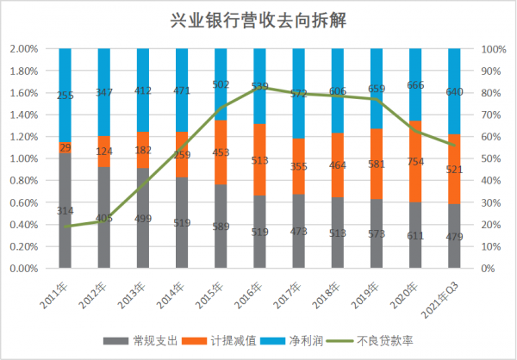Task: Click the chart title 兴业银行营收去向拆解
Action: pyautogui.click(x=258, y=18)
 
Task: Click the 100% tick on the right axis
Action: pyautogui.click(x=492, y=49)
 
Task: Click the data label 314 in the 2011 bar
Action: pyautogui.click(x=65, y=211)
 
